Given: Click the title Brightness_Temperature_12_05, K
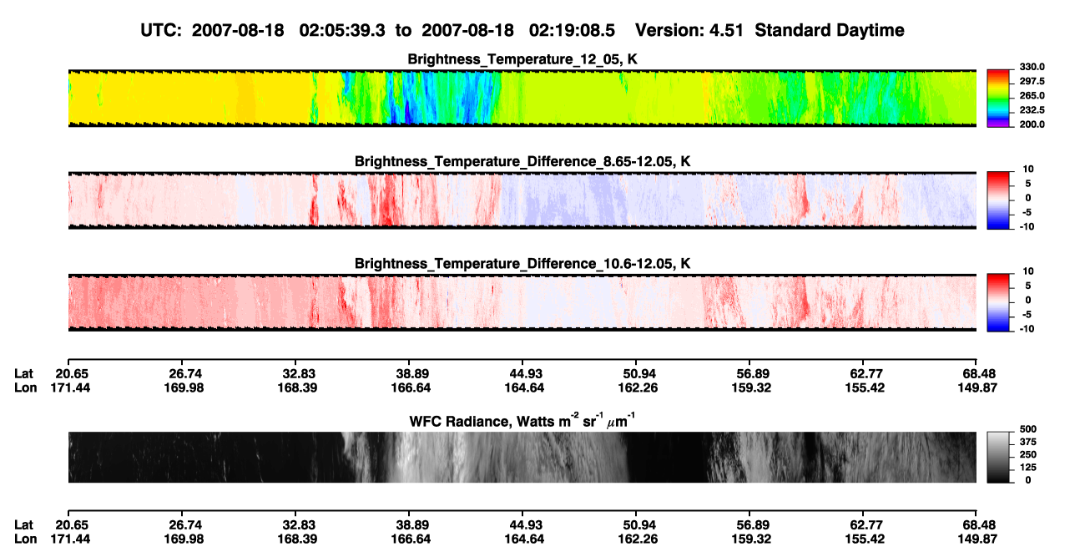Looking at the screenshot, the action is point(522,59).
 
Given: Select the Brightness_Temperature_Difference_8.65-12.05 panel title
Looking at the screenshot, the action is point(522,161).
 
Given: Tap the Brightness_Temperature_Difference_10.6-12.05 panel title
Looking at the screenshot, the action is point(522,264).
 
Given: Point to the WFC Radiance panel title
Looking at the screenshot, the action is point(522,421).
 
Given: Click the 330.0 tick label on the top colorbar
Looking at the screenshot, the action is point(1032,67).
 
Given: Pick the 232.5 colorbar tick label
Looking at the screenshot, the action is point(1032,110).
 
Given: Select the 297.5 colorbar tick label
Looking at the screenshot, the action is point(1032,82).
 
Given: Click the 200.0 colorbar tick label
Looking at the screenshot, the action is point(1032,124).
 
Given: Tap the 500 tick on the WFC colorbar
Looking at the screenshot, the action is point(1028,429).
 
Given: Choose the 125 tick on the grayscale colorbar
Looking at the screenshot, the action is point(1028,468).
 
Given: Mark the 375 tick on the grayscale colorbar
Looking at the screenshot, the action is point(1028,442).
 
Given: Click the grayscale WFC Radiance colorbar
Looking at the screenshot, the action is point(998,457).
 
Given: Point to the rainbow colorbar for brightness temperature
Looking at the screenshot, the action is point(998,99).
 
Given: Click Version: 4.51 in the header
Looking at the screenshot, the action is point(689,31).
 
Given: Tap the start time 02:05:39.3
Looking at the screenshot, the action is point(342,31).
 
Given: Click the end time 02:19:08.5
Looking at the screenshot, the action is point(572,31).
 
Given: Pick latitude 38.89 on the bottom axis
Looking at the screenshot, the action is point(411,525).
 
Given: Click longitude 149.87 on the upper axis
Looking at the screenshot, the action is point(977,387).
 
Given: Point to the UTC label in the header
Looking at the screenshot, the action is point(161,31).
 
